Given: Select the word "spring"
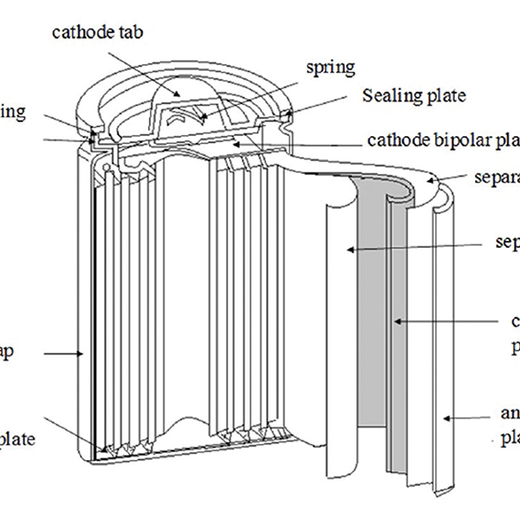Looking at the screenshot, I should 330,66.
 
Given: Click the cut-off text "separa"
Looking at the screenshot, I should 496,179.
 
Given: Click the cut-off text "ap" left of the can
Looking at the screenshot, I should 9,353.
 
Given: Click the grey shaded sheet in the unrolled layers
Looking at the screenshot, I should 374,347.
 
